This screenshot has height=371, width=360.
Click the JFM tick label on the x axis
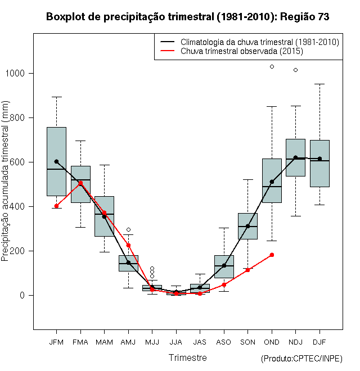56,342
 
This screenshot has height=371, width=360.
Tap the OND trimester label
272,342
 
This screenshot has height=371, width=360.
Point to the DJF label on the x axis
319,342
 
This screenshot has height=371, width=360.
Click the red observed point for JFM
56,206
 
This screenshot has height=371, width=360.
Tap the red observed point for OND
272,255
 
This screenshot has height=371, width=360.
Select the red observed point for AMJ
128,245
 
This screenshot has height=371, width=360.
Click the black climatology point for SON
248,226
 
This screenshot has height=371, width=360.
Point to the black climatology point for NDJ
296,158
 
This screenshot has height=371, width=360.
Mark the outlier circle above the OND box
272,66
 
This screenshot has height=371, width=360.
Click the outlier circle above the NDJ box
296,70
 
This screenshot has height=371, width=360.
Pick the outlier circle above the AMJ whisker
128,229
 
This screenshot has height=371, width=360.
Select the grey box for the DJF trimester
319,163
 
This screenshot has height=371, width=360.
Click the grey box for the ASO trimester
224,266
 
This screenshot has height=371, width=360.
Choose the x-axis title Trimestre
188,358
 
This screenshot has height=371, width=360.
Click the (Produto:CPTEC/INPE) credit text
301,359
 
